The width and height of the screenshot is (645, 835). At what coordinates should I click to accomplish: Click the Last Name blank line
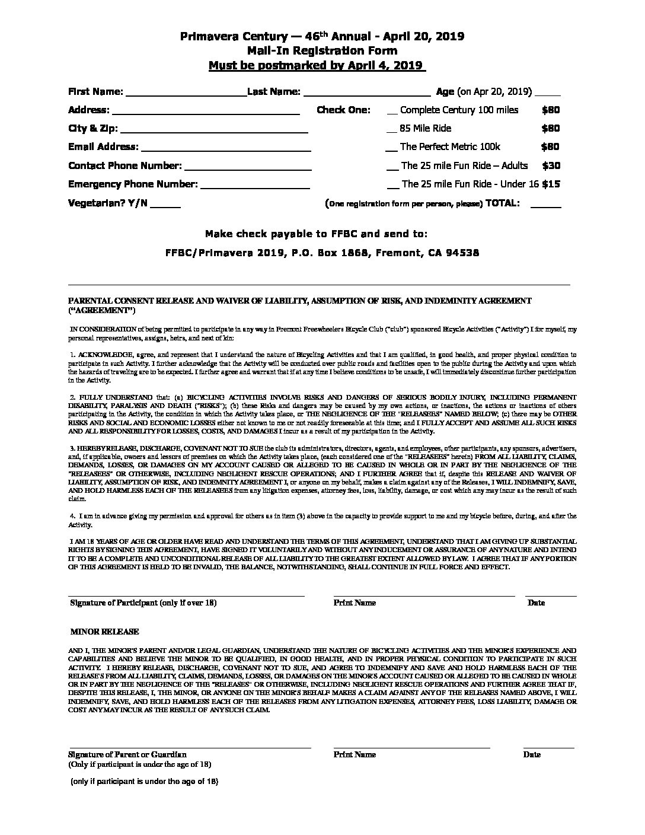click(x=366, y=93)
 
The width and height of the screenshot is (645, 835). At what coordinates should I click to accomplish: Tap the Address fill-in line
click(x=205, y=111)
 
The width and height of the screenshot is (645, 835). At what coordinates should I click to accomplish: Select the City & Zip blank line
click(x=214, y=130)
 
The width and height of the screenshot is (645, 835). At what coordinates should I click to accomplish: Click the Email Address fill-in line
click(x=226, y=148)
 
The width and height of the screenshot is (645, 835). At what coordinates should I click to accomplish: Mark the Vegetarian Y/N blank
click(x=165, y=205)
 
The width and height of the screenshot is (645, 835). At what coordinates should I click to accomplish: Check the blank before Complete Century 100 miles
click(x=392, y=111)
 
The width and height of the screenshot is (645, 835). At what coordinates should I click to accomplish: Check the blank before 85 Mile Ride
click(x=391, y=130)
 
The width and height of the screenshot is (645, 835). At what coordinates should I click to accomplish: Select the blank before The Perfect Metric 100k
click(x=391, y=148)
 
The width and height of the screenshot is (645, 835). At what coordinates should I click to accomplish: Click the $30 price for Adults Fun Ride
click(x=551, y=166)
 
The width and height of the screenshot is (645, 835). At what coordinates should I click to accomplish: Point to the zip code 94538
click(x=462, y=253)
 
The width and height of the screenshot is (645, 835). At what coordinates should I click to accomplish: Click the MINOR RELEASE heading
click(x=104, y=632)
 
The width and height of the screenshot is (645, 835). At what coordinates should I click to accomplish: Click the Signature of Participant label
click(x=143, y=603)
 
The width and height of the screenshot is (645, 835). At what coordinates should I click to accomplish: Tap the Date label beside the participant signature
click(x=536, y=603)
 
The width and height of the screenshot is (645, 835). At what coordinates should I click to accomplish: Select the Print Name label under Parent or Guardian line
click(x=355, y=754)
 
